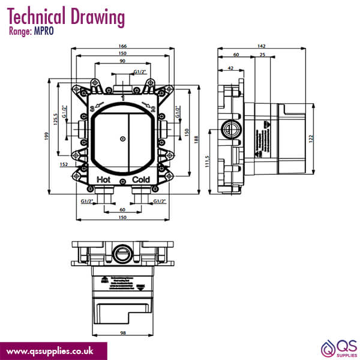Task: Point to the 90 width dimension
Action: coord(122,61)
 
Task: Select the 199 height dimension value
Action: coord(47,136)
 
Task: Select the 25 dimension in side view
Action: coord(262,55)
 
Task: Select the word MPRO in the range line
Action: coord(43,31)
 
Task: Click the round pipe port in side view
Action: coord(229,128)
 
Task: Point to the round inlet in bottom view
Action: coord(122,253)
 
